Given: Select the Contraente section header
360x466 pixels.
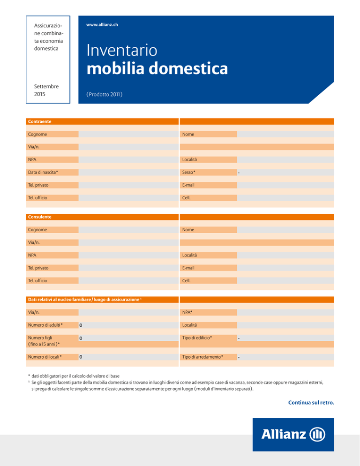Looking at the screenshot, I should (x=39, y=121).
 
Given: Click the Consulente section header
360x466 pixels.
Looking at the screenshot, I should (x=39, y=217).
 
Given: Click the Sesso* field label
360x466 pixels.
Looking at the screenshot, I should (x=189, y=172).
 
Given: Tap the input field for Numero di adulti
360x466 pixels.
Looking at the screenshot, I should (x=128, y=325).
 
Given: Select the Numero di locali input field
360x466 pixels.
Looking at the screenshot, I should (x=128, y=357).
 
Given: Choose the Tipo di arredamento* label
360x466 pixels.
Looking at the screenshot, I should (x=203, y=357).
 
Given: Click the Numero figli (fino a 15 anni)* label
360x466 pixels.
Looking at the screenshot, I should (x=44, y=340).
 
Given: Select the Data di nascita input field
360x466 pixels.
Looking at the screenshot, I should (x=128, y=172).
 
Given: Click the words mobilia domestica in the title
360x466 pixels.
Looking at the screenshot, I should (x=157, y=69).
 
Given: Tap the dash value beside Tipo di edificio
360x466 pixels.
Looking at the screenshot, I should (x=239, y=338).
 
